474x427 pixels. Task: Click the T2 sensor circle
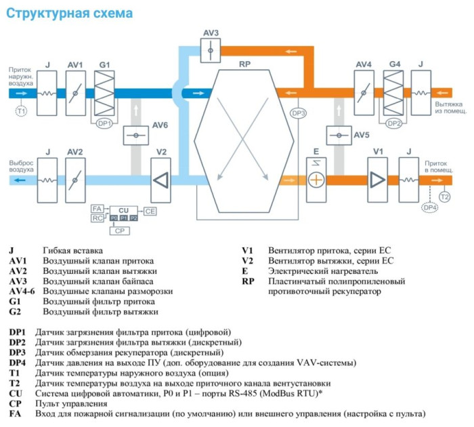click(445, 197)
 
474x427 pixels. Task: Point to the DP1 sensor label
click(104, 123)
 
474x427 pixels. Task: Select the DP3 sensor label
click(299, 113)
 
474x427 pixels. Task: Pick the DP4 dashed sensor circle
click(429, 208)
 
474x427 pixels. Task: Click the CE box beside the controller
click(150, 212)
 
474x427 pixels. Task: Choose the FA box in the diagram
click(97, 208)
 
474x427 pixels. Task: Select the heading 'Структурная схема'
click(70, 13)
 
